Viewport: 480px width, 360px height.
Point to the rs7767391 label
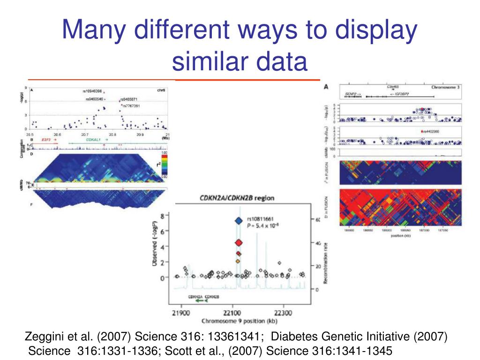tap(132, 106)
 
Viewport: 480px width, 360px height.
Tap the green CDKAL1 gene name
tap(94, 140)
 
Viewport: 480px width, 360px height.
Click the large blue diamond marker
tap(239, 221)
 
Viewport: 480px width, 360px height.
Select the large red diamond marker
tap(239, 242)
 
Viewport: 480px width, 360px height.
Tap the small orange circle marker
tap(238, 261)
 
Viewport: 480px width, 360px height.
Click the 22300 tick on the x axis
tap(283, 313)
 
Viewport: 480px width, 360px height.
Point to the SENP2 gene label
tap(352, 94)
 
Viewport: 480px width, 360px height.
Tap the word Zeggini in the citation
tap(41, 337)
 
